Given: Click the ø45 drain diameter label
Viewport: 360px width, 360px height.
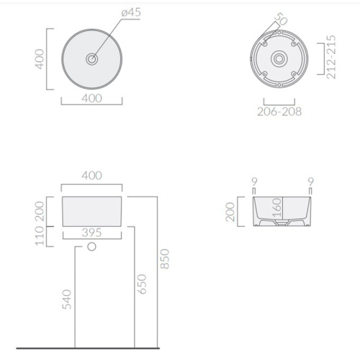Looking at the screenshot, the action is (x=131, y=12).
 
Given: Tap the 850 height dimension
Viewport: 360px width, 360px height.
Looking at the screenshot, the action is (x=165, y=258).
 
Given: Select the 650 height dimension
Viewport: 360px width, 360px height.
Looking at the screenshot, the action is (x=142, y=284).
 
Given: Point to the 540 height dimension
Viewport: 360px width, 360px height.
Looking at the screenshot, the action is (x=67, y=300).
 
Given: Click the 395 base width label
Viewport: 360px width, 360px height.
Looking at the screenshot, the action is (x=91, y=233).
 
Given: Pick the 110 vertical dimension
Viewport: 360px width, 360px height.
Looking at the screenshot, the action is (x=40, y=236).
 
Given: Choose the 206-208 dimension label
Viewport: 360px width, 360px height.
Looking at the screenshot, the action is (x=279, y=112).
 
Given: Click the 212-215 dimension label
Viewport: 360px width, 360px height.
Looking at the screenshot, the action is (x=331, y=57).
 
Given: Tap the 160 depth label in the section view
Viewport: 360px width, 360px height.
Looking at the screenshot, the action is (x=276, y=208).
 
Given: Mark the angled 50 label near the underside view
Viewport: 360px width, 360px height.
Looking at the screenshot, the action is (x=281, y=19).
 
